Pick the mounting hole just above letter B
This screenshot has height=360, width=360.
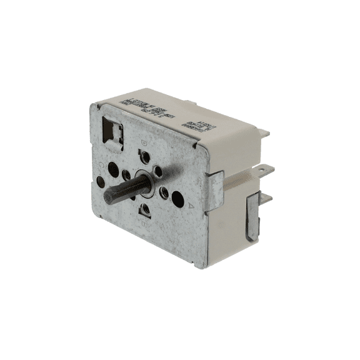(145, 210)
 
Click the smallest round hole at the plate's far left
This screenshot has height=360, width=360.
(101, 181)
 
